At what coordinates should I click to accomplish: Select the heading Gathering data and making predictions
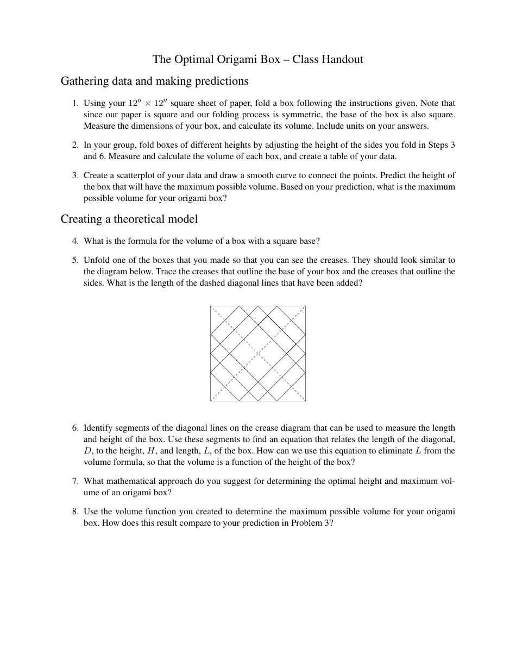pyautogui.click(x=154, y=81)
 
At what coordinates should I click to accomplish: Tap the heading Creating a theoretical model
pyautogui.click(x=129, y=219)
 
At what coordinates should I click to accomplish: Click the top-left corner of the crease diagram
pyautogui.click(x=211, y=306)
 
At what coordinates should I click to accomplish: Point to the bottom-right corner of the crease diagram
pyautogui.click(x=305, y=401)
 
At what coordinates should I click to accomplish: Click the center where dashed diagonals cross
pyautogui.click(x=258, y=354)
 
